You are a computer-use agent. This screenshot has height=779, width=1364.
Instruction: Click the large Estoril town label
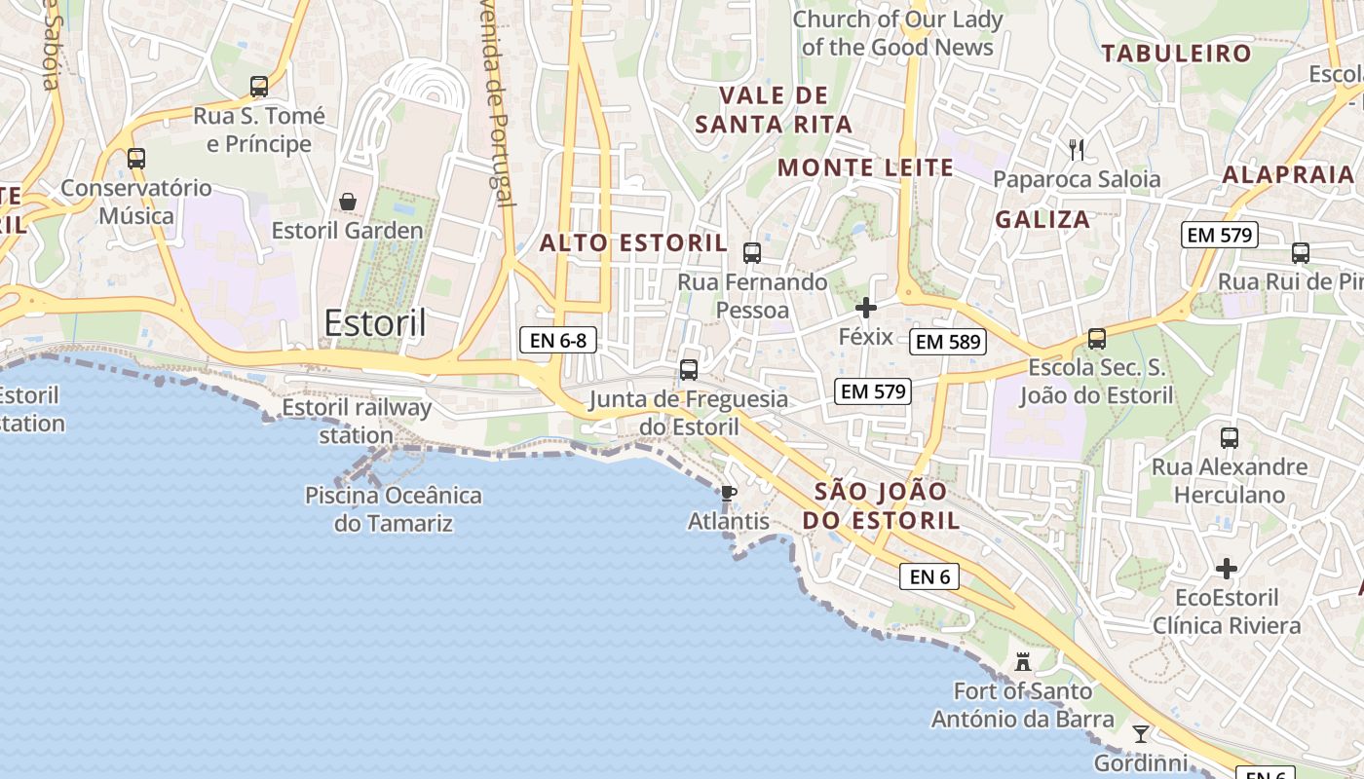[x=375, y=323]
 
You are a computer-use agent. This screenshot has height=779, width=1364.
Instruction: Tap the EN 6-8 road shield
[x=557, y=340]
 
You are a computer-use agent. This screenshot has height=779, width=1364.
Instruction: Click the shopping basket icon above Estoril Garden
[x=348, y=202]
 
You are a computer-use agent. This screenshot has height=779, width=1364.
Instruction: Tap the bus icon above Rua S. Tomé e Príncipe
[x=259, y=87]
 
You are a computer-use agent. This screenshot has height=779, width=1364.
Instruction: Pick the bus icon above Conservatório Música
[x=136, y=158]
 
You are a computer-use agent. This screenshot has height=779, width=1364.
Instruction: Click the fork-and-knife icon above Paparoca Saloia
[x=1077, y=150]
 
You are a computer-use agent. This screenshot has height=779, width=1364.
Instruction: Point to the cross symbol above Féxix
[x=865, y=309]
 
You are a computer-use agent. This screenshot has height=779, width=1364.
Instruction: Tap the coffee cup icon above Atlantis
[x=728, y=493]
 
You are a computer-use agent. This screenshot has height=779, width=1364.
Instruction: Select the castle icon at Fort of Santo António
[x=1023, y=662]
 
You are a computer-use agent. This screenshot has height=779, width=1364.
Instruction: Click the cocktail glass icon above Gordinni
[x=1141, y=733]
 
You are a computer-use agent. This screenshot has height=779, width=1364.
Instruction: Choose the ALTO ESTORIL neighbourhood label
[x=633, y=243]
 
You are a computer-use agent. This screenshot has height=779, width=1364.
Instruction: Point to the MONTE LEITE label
[x=865, y=167]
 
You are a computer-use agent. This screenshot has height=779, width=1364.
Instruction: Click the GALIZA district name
[x=1042, y=220]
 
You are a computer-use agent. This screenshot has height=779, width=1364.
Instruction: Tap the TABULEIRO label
[x=1176, y=54]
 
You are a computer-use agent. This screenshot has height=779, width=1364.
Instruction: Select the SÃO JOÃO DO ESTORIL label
[x=882, y=506]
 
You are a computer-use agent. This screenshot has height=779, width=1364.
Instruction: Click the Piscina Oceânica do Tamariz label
[x=394, y=509]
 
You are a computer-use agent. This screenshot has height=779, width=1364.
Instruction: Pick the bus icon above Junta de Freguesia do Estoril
[x=689, y=370]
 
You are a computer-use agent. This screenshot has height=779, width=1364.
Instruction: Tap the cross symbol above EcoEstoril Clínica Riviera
[x=1227, y=568]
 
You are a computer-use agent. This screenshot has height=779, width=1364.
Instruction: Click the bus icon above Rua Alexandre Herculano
[x=1230, y=438]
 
